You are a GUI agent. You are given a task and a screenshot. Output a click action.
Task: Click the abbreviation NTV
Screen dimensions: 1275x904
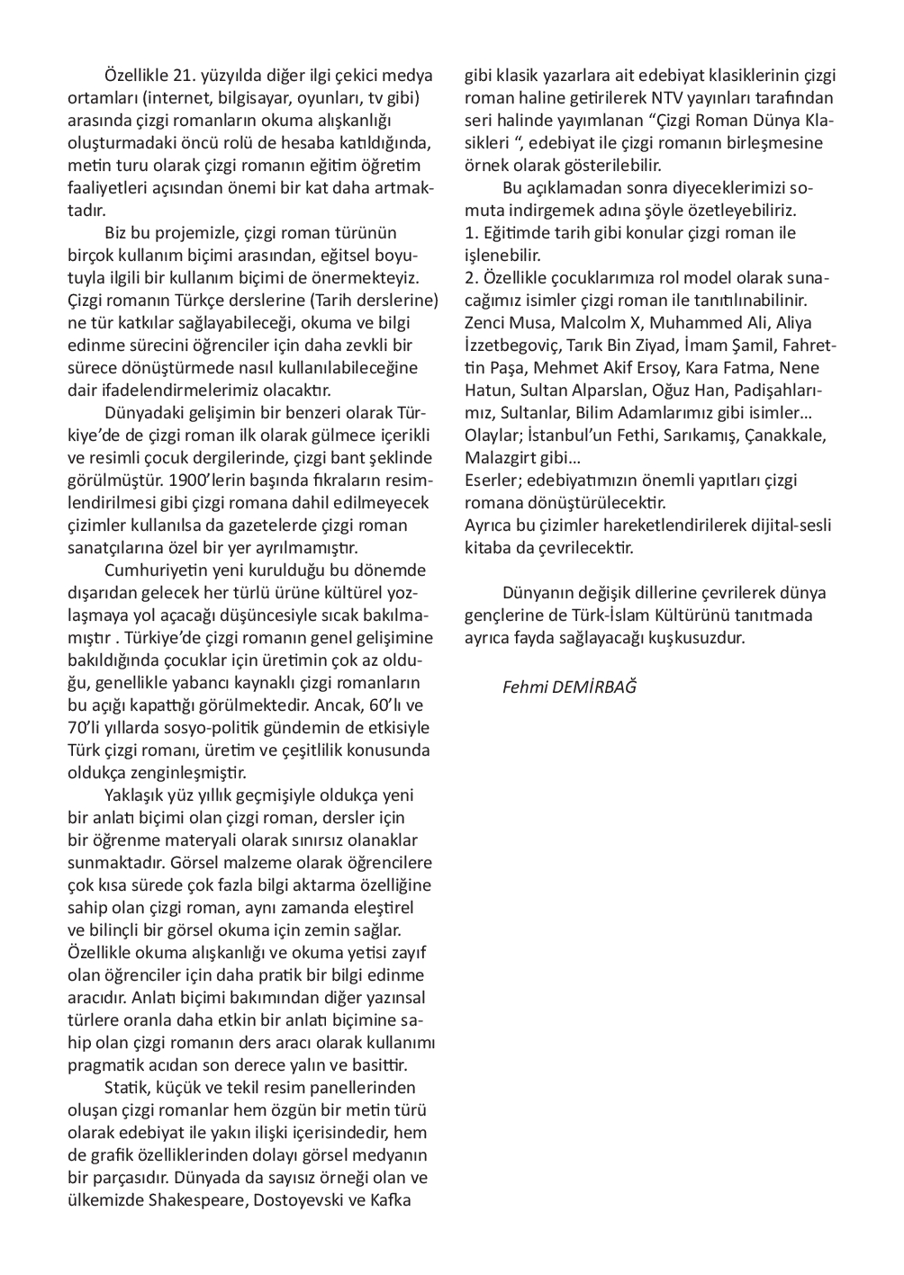coord(672,97)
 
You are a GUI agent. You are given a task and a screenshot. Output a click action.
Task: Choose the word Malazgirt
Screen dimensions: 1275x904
coord(502,457)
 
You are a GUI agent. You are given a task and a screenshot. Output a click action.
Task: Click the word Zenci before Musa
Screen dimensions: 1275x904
coord(487,322)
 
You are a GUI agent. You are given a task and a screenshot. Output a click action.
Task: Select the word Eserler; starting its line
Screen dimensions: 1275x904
coord(492,480)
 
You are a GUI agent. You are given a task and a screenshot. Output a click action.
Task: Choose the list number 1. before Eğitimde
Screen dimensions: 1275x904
coord(471,232)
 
